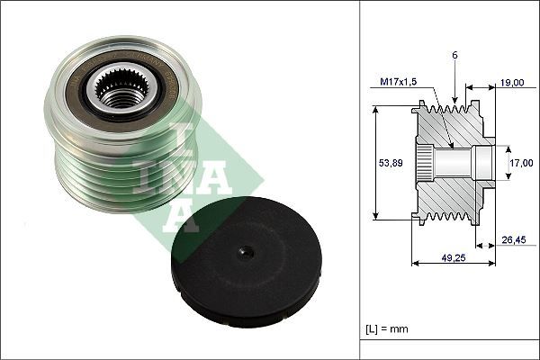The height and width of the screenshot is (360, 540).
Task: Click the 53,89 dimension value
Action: (x=391, y=163)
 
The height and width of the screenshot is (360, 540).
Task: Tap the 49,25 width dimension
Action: (x=454, y=257)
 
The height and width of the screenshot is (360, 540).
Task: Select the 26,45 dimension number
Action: (x=514, y=239)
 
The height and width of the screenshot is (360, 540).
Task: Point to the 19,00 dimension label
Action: (x=512, y=83)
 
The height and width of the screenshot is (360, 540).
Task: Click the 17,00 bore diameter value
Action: (x=521, y=163)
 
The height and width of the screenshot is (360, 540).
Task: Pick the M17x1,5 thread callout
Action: (x=398, y=82)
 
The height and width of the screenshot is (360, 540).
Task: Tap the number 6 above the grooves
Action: (x=454, y=56)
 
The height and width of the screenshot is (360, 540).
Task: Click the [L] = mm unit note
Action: (x=387, y=328)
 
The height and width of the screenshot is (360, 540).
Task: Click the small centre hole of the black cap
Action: (x=246, y=253)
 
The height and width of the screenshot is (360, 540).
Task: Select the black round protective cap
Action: (x=247, y=262)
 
